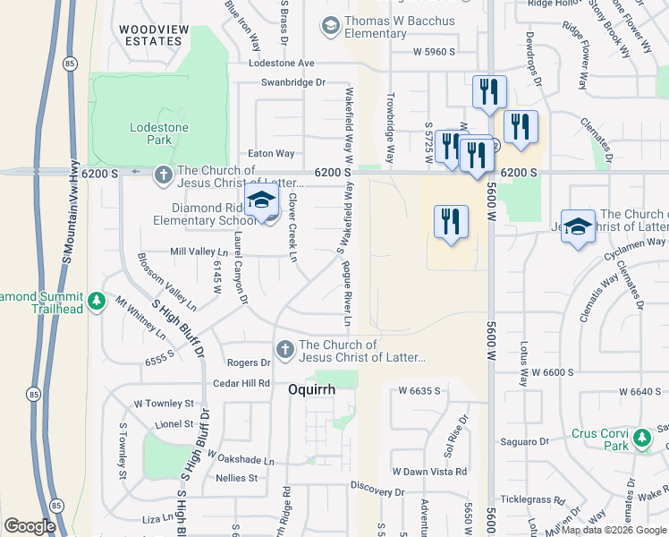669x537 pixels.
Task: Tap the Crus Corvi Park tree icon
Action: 641,439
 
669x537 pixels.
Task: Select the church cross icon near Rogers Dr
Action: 284,349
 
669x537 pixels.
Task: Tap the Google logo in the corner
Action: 30,526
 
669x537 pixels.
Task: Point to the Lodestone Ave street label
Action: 282,64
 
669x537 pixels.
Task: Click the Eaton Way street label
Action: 271,154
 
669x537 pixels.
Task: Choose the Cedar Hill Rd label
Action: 241,383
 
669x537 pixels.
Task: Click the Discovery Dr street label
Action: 377,490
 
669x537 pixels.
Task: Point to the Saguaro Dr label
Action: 524,442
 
